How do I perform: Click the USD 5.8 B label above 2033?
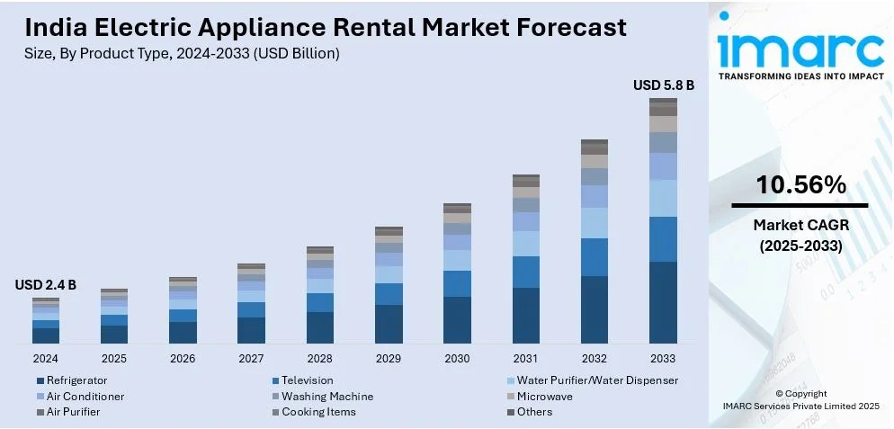click(664, 85)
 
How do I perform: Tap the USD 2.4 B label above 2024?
click(46, 285)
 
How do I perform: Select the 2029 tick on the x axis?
click(389, 358)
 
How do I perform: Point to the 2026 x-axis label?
click(183, 358)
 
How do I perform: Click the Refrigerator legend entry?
click(76, 380)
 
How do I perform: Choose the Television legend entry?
click(307, 380)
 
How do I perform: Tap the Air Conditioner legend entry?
click(85, 396)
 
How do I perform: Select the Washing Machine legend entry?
click(326, 396)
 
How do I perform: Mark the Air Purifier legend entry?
click(73, 412)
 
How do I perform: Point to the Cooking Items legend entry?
click(318, 412)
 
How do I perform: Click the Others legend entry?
click(534, 412)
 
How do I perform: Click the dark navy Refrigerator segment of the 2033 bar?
click(663, 302)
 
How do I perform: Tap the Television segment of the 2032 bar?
click(595, 257)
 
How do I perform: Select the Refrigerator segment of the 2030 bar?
click(457, 320)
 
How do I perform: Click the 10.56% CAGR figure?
click(800, 186)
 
